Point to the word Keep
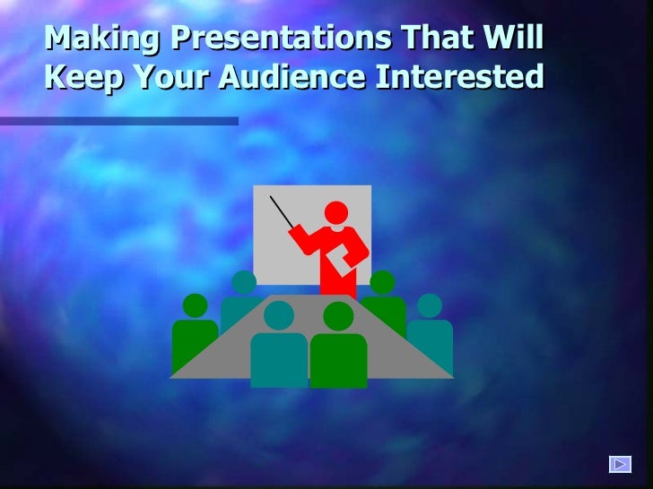(x=82, y=79)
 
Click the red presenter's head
(x=336, y=213)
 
